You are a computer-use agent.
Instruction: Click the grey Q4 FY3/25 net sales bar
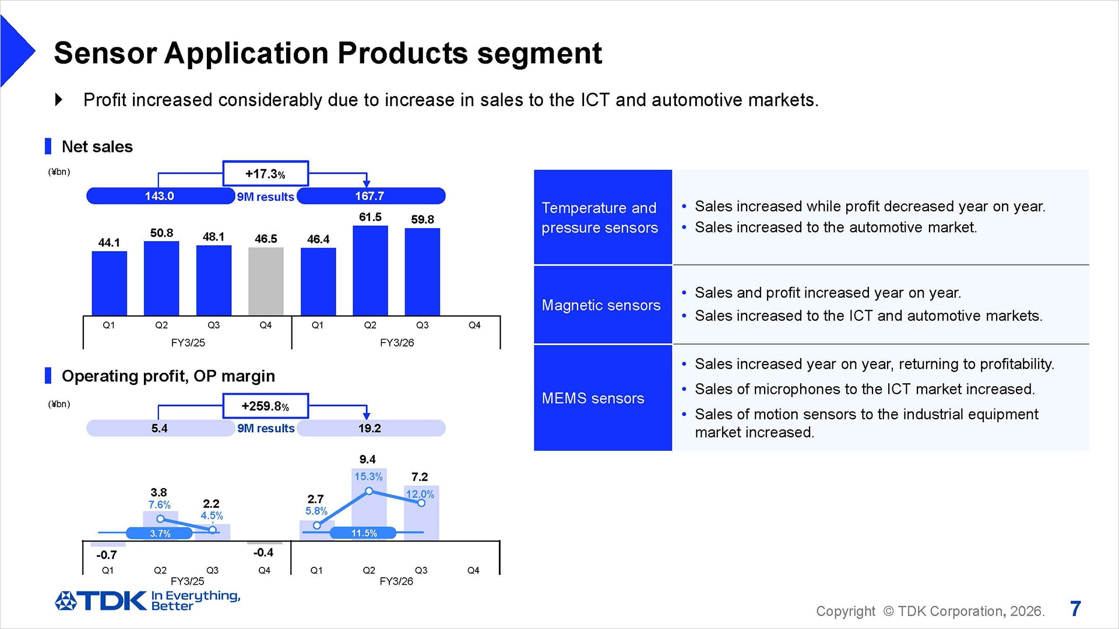pyautogui.click(x=266, y=281)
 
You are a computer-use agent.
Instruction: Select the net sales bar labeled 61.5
pyautogui.click(x=370, y=271)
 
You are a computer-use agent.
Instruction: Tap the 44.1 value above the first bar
pyautogui.click(x=109, y=242)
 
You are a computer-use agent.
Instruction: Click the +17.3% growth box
pyautogui.click(x=265, y=174)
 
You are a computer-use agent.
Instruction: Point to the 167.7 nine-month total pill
pyautogui.click(x=371, y=196)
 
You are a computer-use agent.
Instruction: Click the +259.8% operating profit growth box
pyautogui.click(x=265, y=406)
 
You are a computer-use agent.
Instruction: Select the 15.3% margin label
pyautogui.click(x=368, y=476)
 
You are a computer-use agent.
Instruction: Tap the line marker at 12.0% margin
pyautogui.click(x=421, y=503)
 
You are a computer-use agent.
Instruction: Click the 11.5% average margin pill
pyautogui.click(x=363, y=533)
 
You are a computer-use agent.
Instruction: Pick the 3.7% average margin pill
pyautogui.click(x=160, y=533)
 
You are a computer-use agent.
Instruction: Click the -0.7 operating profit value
pyautogui.click(x=107, y=555)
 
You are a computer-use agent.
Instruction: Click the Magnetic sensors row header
pyautogui.click(x=602, y=305)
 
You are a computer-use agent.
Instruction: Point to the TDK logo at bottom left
pyautogui.click(x=101, y=601)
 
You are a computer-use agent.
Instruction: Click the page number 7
pyautogui.click(x=1075, y=609)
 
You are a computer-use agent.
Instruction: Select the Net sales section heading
pyautogui.click(x=97, y=147)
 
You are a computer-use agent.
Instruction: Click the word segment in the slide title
pyautogui.click(x=539, y=54)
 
